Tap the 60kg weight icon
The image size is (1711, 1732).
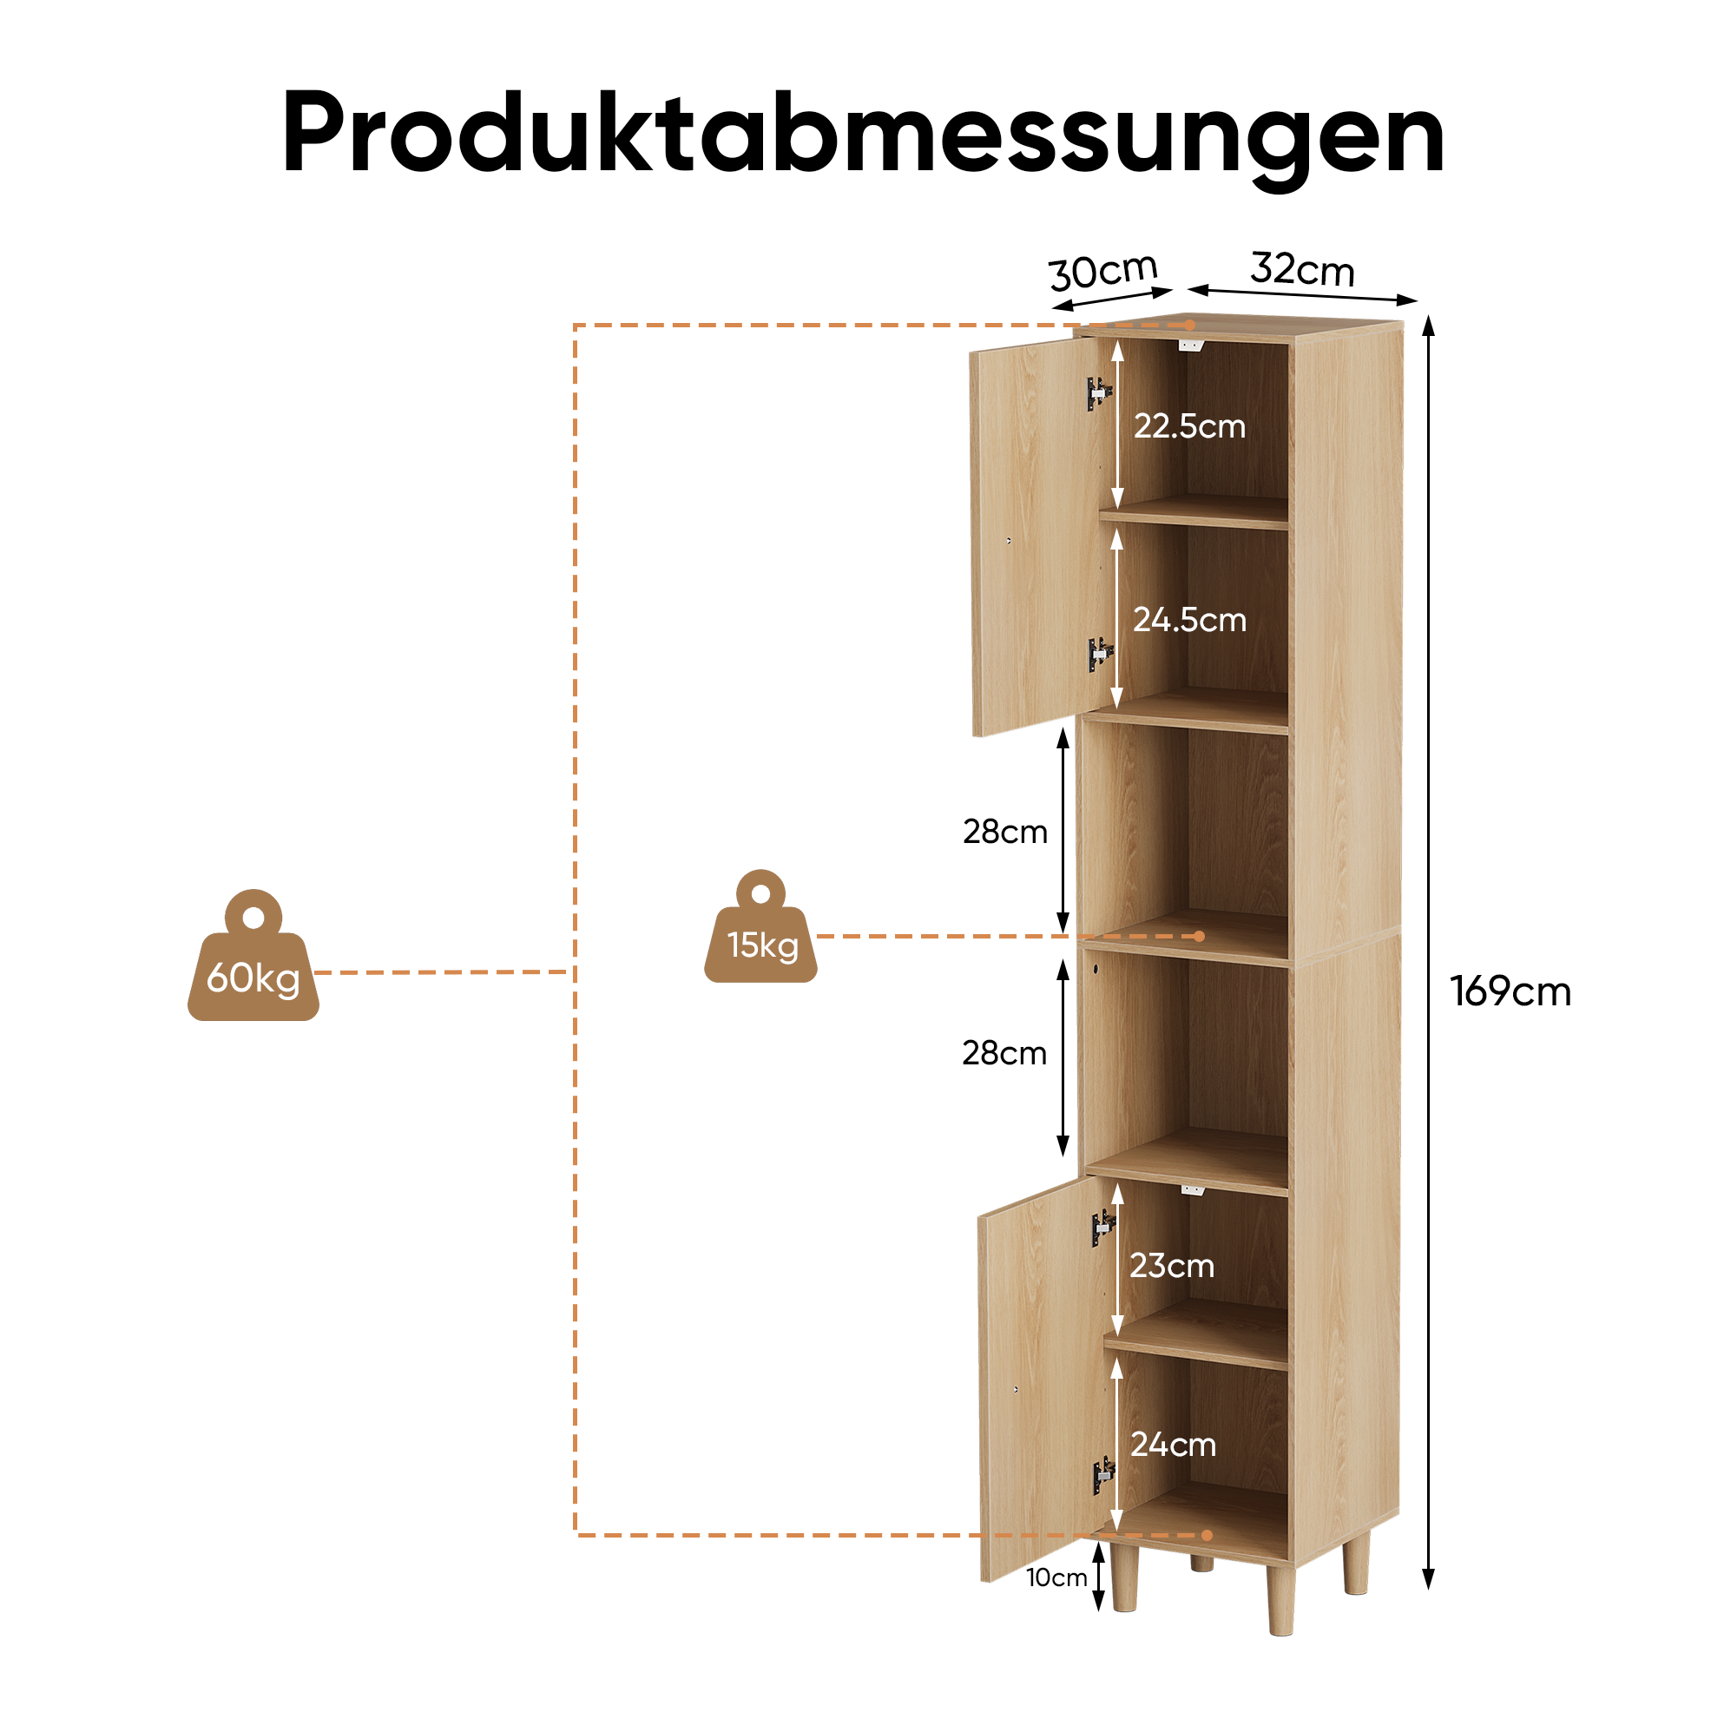click(253, 957)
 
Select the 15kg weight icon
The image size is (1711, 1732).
click(760, 927)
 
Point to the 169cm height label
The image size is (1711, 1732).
click(1510, 991)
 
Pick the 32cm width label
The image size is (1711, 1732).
click(1302, 269)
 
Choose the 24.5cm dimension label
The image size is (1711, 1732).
click(1189, 620)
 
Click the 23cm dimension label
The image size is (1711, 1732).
click(1171, 1265)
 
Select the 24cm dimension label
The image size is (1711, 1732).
click(1174, 1445)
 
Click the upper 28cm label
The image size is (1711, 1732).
click(1004, 831)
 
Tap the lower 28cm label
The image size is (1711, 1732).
click(1004, 1052)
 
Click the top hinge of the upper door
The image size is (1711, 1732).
click(1099, 392)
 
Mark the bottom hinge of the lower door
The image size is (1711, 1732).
click(1103, 1475)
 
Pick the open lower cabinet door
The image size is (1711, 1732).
click(1046, 1378)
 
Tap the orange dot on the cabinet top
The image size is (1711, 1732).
click(1188, 325)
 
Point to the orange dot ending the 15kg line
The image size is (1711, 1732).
click(1199, 936)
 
